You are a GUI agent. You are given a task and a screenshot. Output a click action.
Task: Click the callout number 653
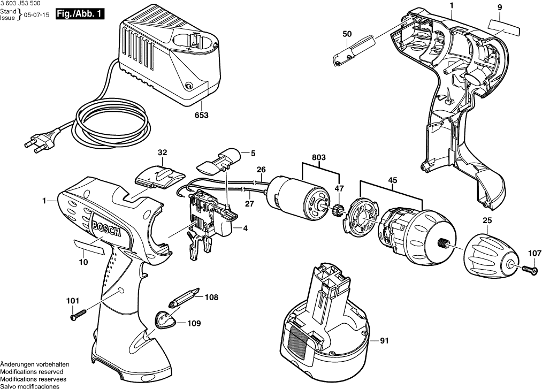202,115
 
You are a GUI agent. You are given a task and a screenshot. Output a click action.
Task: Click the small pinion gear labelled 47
337,209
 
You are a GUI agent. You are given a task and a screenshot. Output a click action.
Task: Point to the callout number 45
393,180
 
